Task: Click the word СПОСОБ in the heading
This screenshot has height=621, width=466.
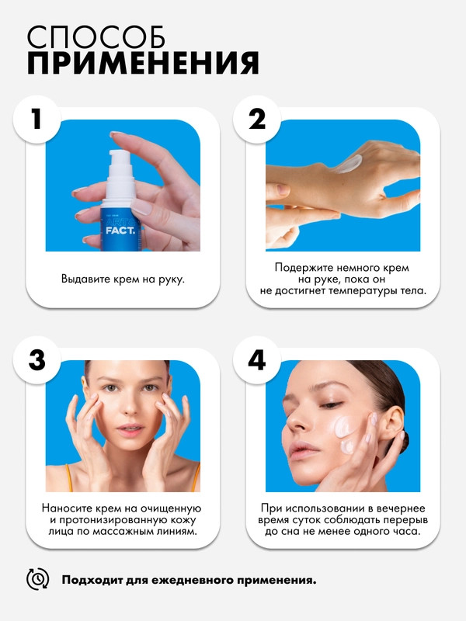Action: (96, 37)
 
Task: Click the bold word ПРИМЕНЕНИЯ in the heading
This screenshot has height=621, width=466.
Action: (143, 63)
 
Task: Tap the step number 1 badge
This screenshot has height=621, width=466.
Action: (37, 119)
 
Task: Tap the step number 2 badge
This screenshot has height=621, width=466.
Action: (257, 119)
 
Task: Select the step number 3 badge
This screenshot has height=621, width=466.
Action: (37, 360)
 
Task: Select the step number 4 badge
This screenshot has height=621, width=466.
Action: (257, 360)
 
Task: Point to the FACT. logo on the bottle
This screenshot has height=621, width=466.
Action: (120, 230)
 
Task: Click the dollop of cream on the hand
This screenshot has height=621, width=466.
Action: (347, 164)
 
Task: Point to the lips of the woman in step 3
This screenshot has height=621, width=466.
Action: (130, 430)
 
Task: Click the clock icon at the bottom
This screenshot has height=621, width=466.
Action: (37, 579)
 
